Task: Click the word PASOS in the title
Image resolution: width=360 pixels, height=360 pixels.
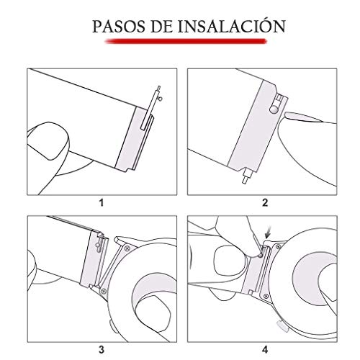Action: [x=119, y=27]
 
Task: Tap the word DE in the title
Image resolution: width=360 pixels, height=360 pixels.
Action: [x=161, y=27]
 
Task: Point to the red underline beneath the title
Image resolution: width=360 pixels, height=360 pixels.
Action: [x=186, y=41]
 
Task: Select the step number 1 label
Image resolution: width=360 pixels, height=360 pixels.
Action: [x=102, y=203]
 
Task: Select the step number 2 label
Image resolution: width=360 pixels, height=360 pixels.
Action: [x=265, y=203]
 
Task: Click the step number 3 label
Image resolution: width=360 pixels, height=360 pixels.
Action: [x=102, y=349]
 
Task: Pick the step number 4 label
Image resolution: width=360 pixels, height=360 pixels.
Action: [x=265, y=349]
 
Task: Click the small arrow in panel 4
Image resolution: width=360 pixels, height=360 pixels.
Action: [x=269, y=232]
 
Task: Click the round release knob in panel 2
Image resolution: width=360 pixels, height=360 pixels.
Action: [x=274, y=110]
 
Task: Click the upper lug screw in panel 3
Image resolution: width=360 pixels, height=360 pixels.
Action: [x=127, y=248]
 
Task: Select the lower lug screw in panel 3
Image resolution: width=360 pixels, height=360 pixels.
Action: [x=104, y=291]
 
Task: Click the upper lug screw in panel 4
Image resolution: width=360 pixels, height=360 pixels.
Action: [x=279, y=246]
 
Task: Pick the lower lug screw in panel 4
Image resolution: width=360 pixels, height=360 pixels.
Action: [x=266, y=296]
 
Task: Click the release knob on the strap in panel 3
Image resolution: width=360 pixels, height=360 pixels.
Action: [x=97, y=246]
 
